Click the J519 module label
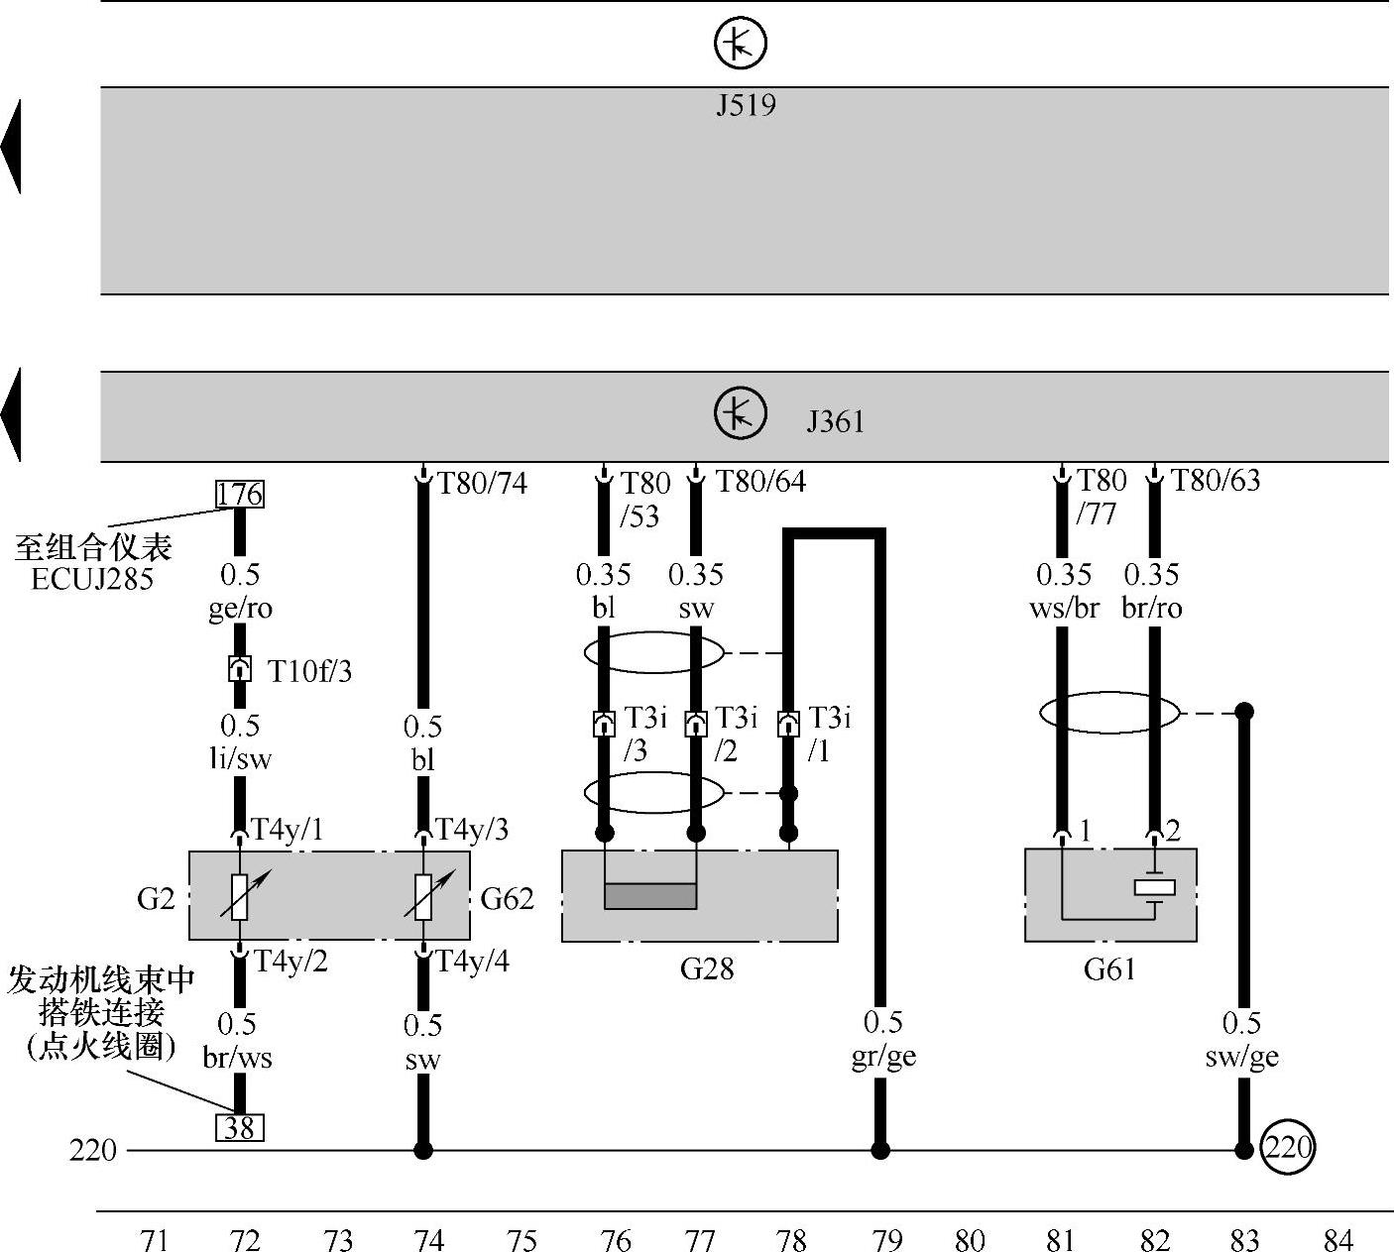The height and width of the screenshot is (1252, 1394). (746, 105)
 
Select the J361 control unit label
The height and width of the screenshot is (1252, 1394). (835, 421)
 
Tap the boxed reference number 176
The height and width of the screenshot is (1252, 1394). (240, 494)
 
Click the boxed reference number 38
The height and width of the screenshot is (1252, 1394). (240, 1127)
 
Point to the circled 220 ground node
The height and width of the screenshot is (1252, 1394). (1288, 1149)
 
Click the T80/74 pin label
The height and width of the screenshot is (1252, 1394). (483, 484)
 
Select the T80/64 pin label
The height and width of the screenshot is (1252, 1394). (760, 482)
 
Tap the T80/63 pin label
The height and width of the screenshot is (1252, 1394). (1216, 481)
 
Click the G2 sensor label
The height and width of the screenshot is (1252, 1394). (156, 898)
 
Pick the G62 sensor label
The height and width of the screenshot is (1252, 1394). (507, 898)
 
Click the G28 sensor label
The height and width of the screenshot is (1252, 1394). (707, 967)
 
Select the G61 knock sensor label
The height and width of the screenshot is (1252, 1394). (1109, 968)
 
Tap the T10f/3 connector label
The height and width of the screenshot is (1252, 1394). (309, 672)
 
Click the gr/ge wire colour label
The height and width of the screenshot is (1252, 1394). (883, 1057)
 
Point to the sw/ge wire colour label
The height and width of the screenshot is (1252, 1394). (1241, 1057)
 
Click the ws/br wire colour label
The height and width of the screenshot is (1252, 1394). (1064, 608)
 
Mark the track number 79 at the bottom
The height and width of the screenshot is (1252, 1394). (886, 1239)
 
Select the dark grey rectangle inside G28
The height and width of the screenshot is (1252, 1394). (650, 895)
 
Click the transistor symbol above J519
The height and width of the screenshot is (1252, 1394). (741, 44)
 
